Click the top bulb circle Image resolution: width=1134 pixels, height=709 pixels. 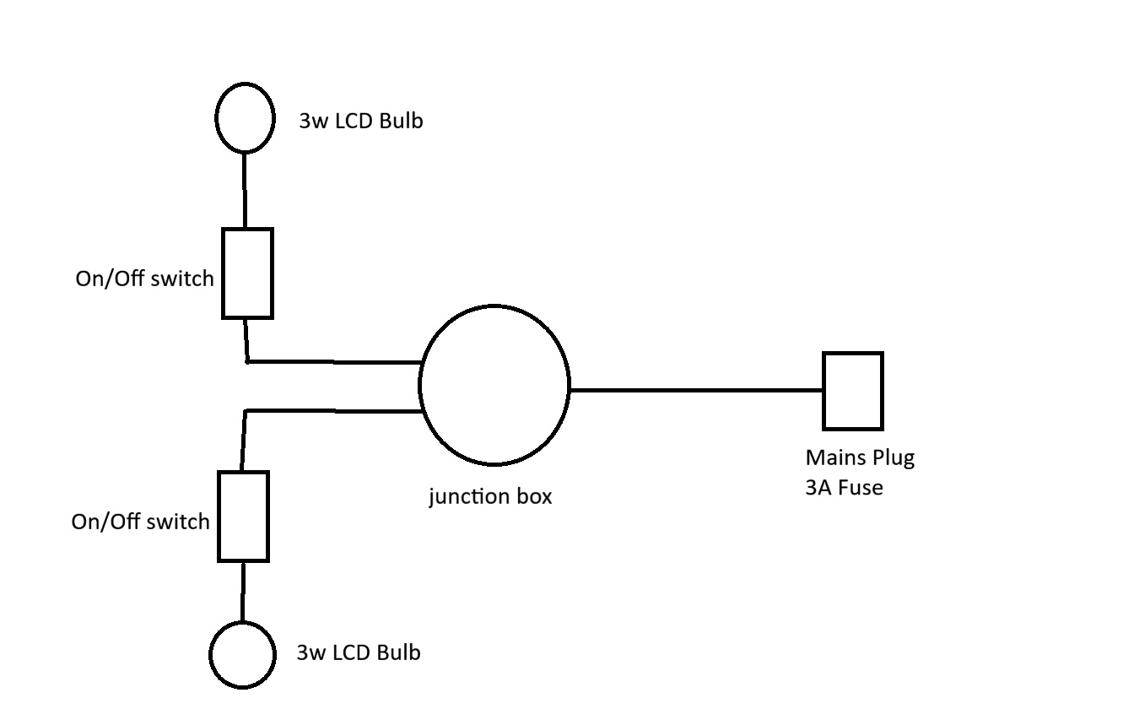pyautogui.click(x=245, y=117)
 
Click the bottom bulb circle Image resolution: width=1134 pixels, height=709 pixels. pyautogui.click(x=243, y=654)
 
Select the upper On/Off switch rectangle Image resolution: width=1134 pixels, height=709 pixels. pyautogui.click(x=247, y=273)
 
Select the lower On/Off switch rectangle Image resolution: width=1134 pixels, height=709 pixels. pyautogui.click(x=243, y=516)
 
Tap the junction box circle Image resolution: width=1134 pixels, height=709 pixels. pyautogui.click(x=494, y=385)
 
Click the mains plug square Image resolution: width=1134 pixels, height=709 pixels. pyautogui.click(x=853, y=391)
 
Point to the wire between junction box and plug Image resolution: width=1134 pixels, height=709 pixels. pyautogui.click(x=696, y=390)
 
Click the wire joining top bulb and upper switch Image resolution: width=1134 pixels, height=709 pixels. pyautogui.click(x=245, y=190)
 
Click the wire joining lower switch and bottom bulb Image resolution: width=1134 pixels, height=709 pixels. pyautogui.click(x=243, y=591)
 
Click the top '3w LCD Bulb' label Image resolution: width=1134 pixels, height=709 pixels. pyautogui.click(x=360, y=121)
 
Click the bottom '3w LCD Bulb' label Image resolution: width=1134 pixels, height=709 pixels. pyautogui.click(x=358, y=652)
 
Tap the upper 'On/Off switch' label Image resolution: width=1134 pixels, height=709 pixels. pyautogui.click(x=144, y=279)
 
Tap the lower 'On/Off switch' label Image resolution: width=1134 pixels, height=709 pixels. pyautogui.click(x=140, y=522)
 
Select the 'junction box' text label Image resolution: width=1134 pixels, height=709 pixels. pyautogui.click(x=490, y=496)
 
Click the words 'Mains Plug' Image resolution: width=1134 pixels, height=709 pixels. pyautogui.click(x=860, y=457)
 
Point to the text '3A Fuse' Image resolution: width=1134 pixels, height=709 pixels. pyautogui.click(x=844, y=487)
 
